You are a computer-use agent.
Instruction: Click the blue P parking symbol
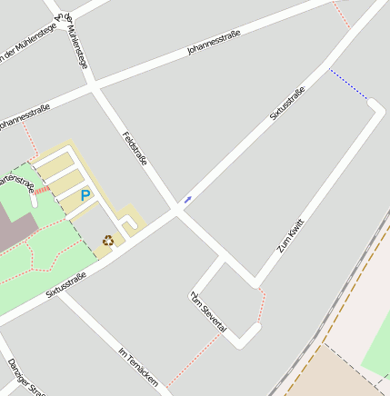tap(85, 195)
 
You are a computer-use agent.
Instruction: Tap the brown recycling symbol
tap(108, 241)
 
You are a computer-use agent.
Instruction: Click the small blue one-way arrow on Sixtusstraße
tap(188, 198)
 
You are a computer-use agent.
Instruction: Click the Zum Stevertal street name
tap(208, 312)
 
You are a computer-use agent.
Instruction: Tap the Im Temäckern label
tap(138, 367)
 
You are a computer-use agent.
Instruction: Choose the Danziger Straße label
tap(25, 378)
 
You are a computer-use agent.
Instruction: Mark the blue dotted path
tap(349, 84)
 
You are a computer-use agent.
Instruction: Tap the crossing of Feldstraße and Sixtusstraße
tap(178, 212)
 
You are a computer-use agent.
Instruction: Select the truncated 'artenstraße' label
tap(17, 182)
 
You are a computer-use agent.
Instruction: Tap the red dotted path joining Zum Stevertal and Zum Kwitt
tap(261, 304)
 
